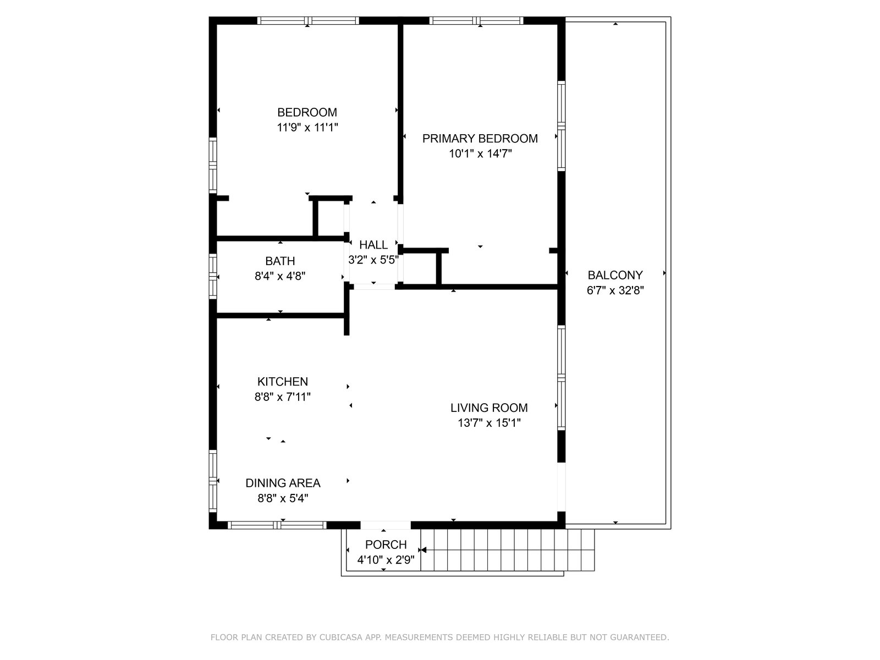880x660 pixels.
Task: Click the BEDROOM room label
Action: click(x=307, y=112)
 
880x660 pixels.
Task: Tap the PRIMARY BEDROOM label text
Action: click(x=480, y=139)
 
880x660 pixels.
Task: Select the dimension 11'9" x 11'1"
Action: click(x=307, y=128)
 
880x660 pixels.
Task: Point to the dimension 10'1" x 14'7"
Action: click(x=480, y=153)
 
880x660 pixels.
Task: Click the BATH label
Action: click(x=280, y=261)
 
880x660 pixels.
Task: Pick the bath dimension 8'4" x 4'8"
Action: click(x=280, y=276)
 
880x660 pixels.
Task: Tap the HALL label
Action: click(x=373, y=245)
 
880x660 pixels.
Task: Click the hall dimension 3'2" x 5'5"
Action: click(x=373, y=260)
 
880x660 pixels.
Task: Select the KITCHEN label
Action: click(x=282, y=382)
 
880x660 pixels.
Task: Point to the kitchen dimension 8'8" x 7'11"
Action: click(x=282, y=397)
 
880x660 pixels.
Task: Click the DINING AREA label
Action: click(x=283, y=483)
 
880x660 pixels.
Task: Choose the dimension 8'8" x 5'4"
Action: click(x=283, y=498)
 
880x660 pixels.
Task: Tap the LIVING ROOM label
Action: click(x=489, y=408)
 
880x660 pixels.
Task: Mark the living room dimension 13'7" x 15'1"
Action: click(x=489, y=423)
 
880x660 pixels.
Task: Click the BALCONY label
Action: click(x=615, y=276)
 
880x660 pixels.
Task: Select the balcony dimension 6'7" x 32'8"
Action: click(x=615, y=290)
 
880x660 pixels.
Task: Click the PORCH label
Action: click(x=386, y=545)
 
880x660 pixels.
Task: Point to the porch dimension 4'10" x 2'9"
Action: click(x=386, y=560)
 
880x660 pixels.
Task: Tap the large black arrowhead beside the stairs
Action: click(x=422, y=550)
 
